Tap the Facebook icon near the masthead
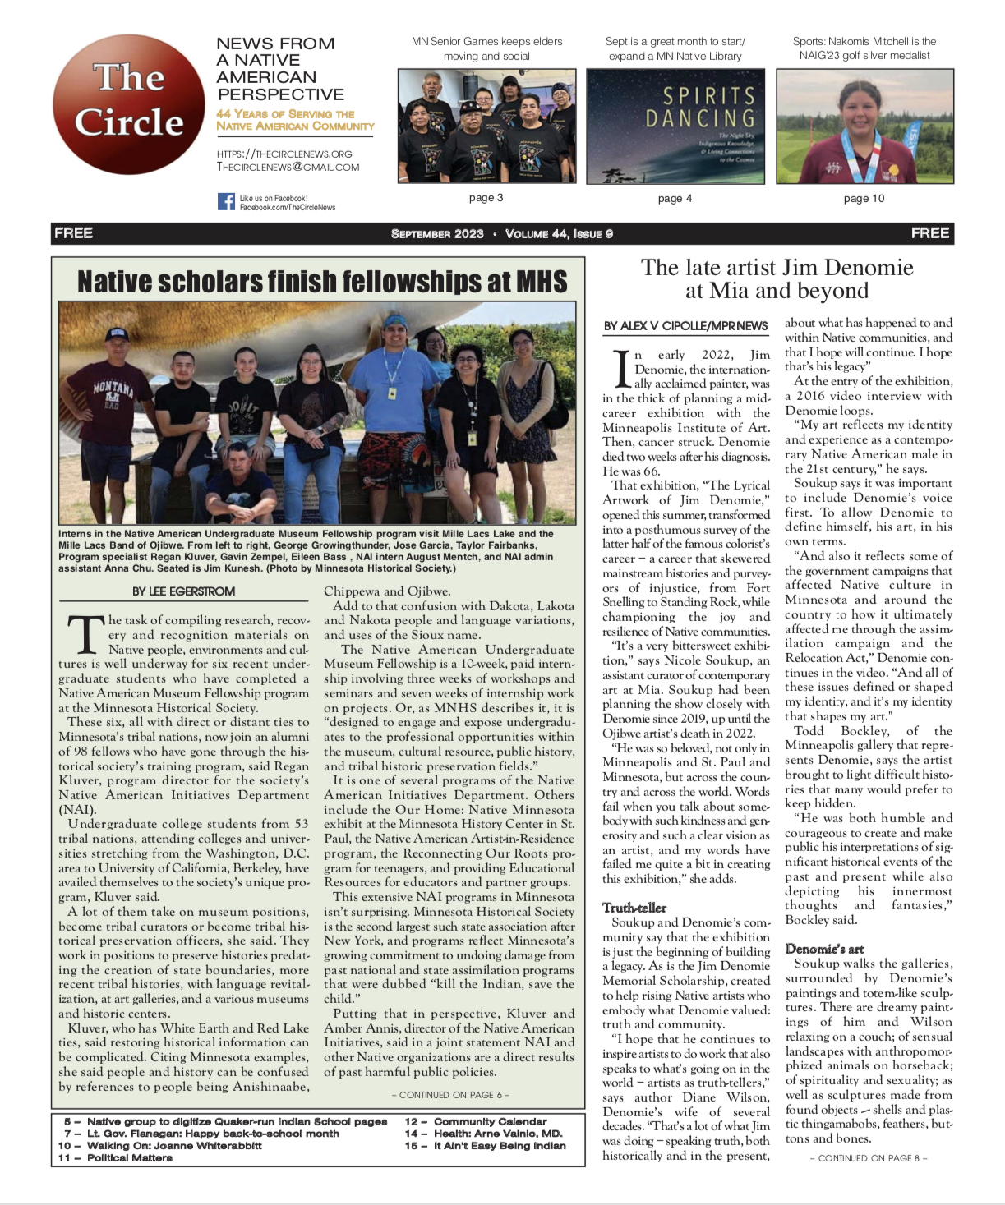[x=226, y=201]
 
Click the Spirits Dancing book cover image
[x=675, y=126]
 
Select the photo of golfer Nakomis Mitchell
[x=864, y=126]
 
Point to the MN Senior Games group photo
[x=486, y=126]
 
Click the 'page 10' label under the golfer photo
[x=864, y=199]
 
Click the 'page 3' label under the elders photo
[x=486, y=198]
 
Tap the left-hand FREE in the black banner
[x=74, y=233]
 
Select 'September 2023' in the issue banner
[x=437, y=234]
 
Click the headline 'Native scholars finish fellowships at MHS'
[x=321, y=282]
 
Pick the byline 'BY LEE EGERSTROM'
[x=183, y=591]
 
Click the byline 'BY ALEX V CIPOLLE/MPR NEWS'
[x=685, y=326]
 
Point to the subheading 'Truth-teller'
[x=634, y=908]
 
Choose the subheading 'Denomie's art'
[x=824, y=949]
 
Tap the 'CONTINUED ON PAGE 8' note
[x=868, y=1158]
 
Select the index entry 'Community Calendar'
[x=490, y=1122]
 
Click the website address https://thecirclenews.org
[x=284, y=154]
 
